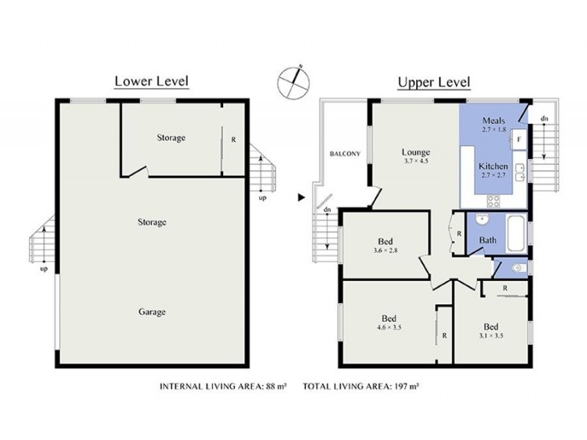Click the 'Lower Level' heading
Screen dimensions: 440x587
point(151,81)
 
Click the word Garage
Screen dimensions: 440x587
point(152,312)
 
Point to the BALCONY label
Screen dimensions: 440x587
point(344,153)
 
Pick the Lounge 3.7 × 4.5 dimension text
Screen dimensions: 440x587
point(416,161)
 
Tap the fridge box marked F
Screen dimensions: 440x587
point(518,138)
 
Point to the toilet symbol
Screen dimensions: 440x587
point(518,268)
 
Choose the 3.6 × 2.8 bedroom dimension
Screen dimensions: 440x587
point(385,250)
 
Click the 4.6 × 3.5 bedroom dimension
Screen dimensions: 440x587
point(389,328)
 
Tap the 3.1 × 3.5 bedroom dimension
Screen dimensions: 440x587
point(491,336)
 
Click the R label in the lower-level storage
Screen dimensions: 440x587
point(233,139)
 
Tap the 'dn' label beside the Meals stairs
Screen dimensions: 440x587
point(544,118)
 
